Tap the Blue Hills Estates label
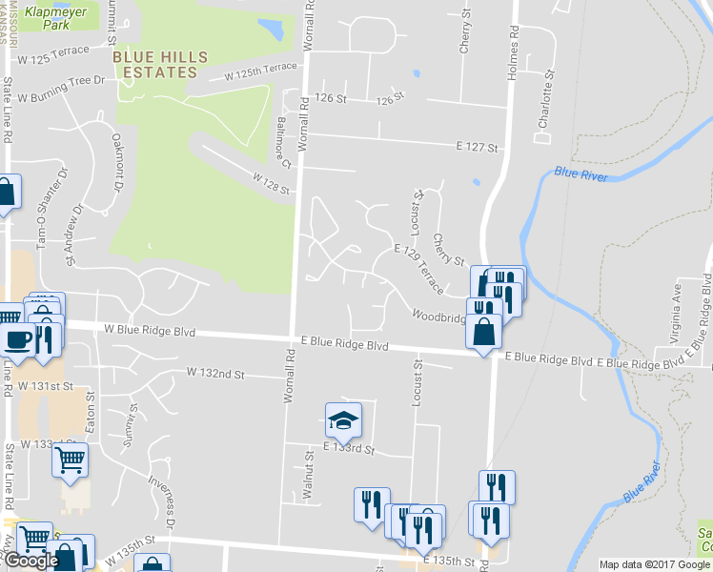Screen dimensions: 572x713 [x=160, y=64]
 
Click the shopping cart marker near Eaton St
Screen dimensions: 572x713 [x=71, y=460]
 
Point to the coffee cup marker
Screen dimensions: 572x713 [x=18, y=339]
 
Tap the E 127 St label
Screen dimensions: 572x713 [x=478, y=147]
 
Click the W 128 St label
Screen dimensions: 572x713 [x=271, y=183]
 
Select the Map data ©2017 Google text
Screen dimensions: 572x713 [x=654, y=564]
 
